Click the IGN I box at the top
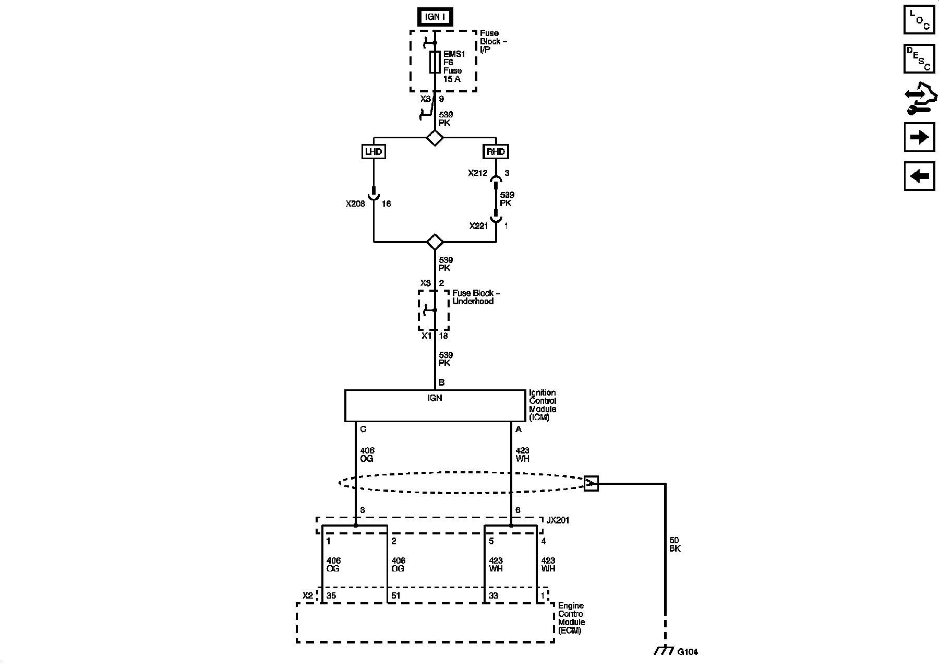click(434, 17)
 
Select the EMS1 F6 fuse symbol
click(435, 62)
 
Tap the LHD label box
click(374, 152)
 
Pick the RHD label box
click(496, 152)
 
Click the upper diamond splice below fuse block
click(435, 138)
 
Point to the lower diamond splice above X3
click(435, 242)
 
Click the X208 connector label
click(355, 204)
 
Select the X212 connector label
click(477, 173)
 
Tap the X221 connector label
click(478, 226)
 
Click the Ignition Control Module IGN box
click(435, 405)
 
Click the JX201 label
click(558, 520)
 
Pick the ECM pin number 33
click(493, 595)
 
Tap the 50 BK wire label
click(675, 544)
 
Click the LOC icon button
click(919, 19)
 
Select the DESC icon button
click(919, 58)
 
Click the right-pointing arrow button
click(919, 137)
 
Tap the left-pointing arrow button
click(919, 176)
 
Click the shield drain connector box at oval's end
click(591, 484)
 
